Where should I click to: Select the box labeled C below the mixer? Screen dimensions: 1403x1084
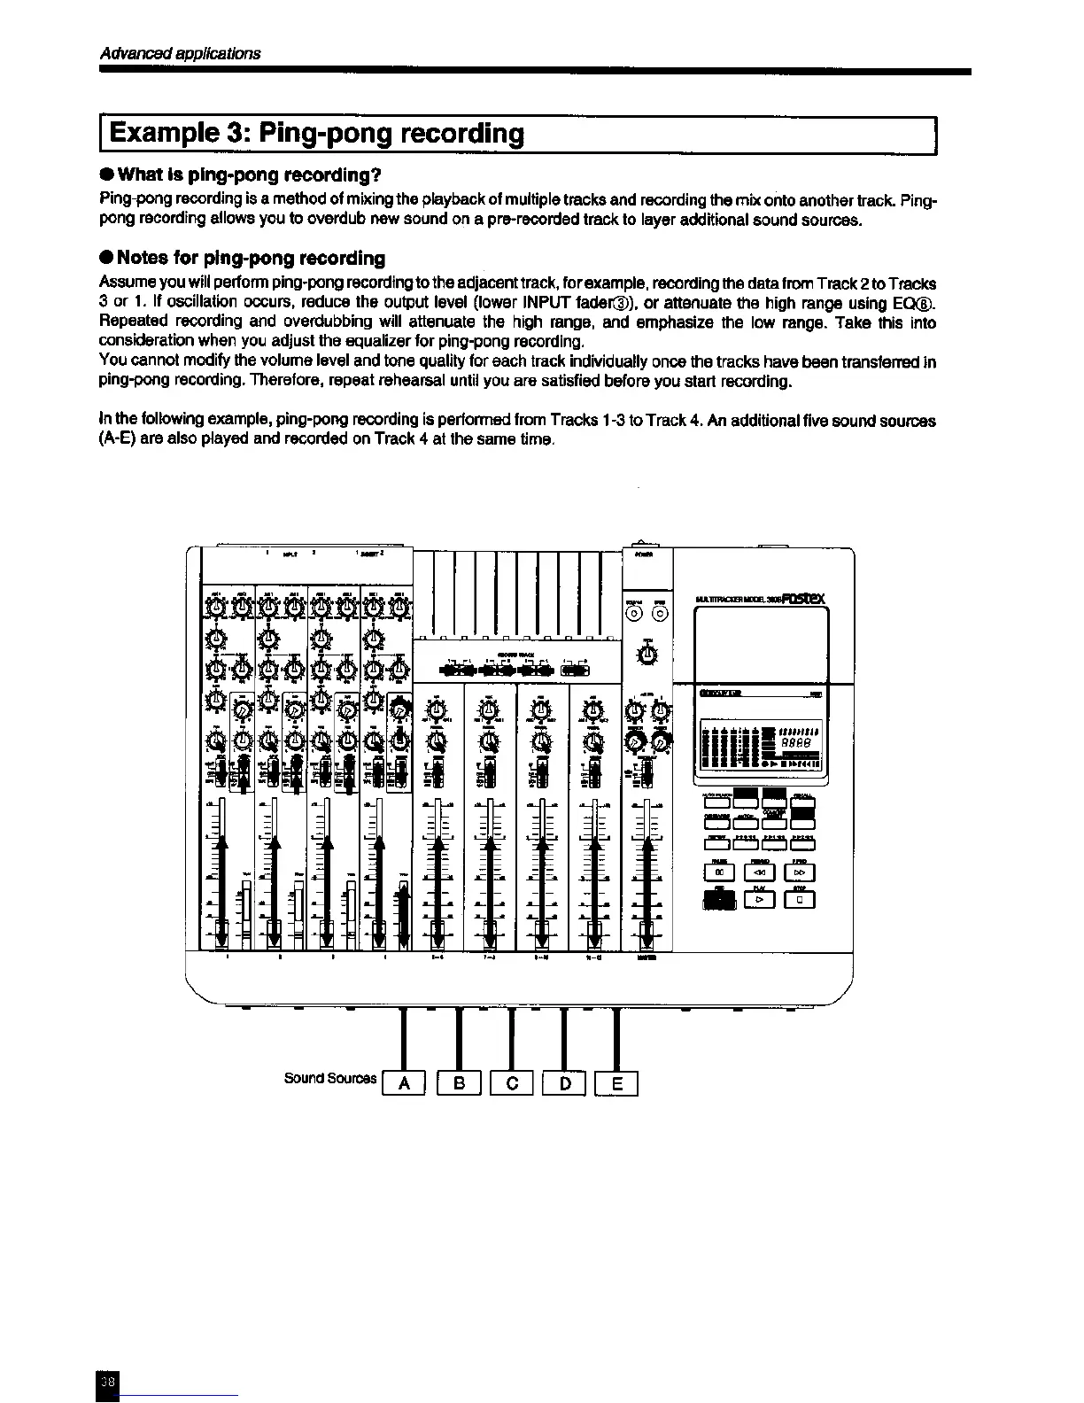pos(511,1082)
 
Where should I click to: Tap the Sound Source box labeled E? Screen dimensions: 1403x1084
pos(617,1082)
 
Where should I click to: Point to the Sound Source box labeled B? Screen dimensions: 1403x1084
pos(459,1082)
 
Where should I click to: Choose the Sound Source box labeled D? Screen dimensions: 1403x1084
pos(564,1082)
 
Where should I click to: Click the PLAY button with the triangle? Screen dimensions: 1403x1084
pos(759,900)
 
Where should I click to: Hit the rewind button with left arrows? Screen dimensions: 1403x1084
pos(759,872)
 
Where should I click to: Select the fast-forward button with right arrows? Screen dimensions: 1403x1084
pos(800,872)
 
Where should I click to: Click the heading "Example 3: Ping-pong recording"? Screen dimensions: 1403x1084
pos(317,134)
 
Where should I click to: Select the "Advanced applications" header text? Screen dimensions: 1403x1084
pos(180,52)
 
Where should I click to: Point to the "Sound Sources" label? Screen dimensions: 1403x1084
pos(329,1078)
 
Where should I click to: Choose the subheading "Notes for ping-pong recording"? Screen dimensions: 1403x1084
pos(251,258)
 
